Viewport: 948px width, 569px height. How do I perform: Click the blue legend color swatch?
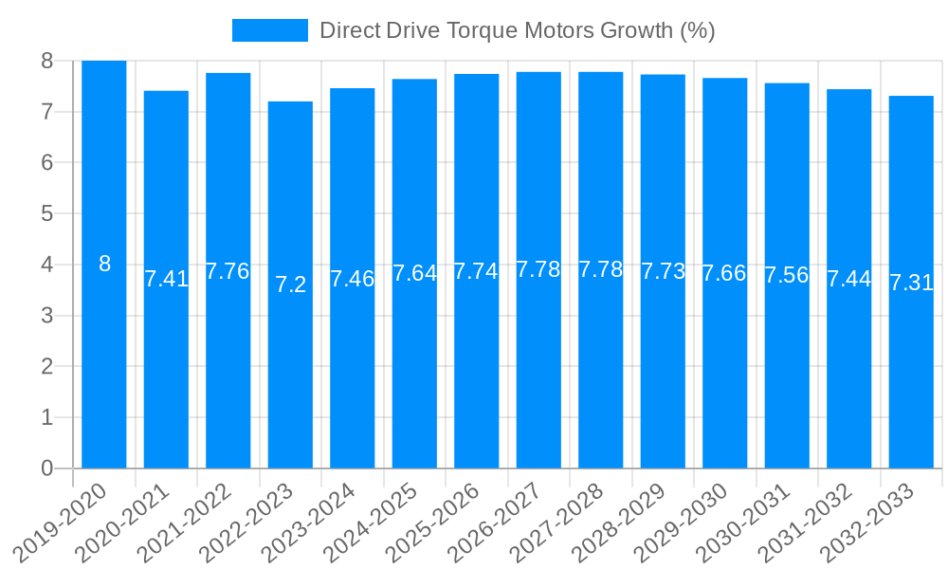pos(270,30)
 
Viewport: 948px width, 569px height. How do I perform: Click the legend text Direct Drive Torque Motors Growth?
pos(517,30)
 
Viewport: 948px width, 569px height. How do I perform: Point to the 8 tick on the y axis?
pos(46,61)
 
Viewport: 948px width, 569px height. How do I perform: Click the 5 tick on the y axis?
pos(46,213)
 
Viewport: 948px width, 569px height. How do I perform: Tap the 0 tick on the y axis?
pos(46,468)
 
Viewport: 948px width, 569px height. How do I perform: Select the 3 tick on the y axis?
pos(46,316)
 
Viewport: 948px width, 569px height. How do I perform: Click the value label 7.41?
pos(166,279)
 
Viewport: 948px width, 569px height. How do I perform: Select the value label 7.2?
pos(290,284)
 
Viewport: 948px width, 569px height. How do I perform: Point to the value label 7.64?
pos(414,273)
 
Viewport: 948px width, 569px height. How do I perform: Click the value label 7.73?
pos(663,271)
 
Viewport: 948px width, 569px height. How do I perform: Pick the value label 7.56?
pos(787,275)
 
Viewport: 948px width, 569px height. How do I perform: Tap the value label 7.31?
pos(911,283)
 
